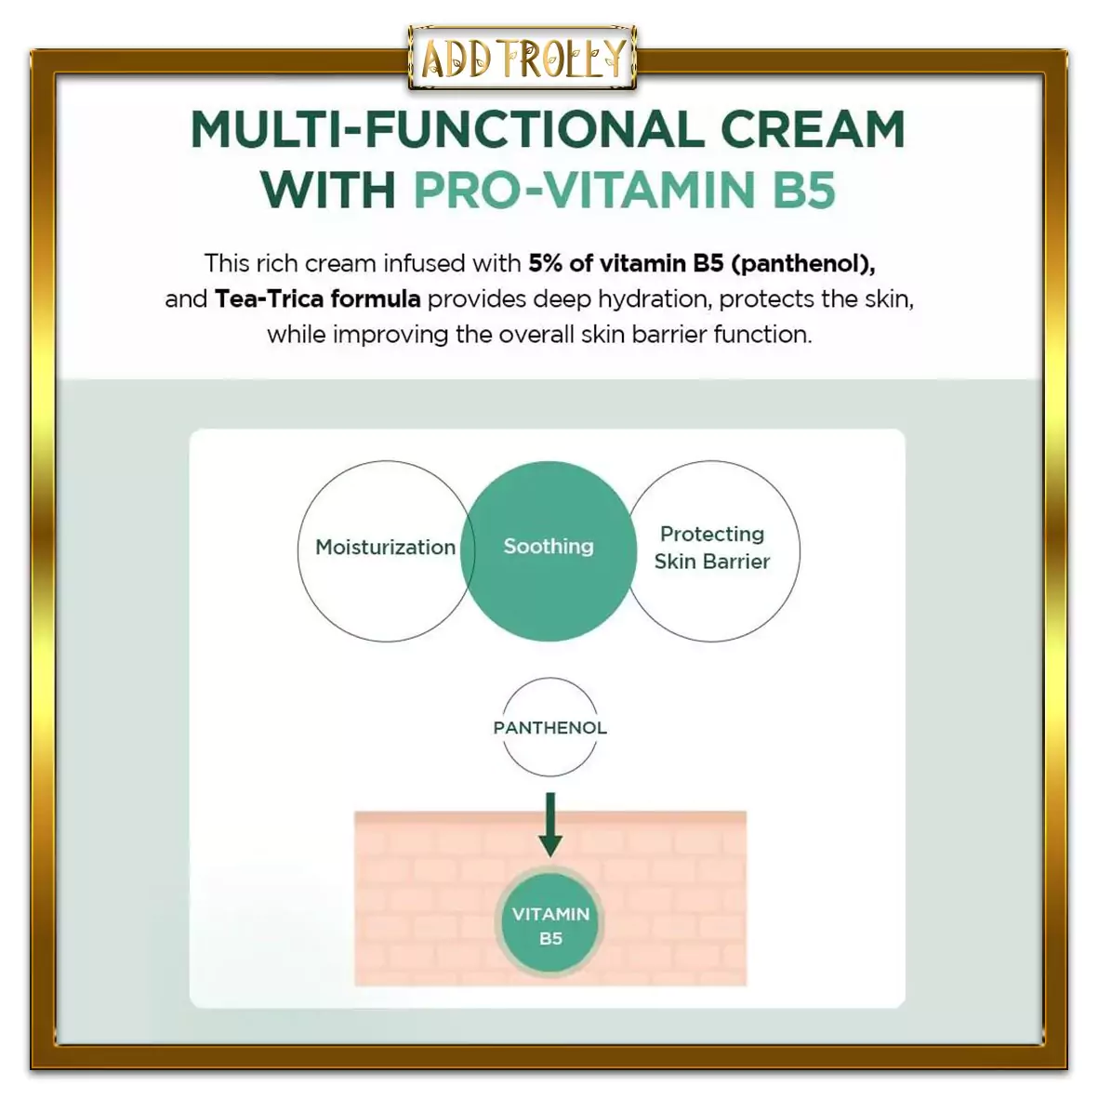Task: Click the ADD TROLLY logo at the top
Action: point(523,58)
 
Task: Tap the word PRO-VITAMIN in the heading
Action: point(584,189)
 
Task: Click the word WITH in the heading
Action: point(327,189)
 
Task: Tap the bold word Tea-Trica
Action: point(269,299)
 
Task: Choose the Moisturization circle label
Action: point(385,547)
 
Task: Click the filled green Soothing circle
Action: point(549,551)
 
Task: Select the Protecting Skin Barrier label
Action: point(712,548)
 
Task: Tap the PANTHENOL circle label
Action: point(549,728)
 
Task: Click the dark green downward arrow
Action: point(550,825)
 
